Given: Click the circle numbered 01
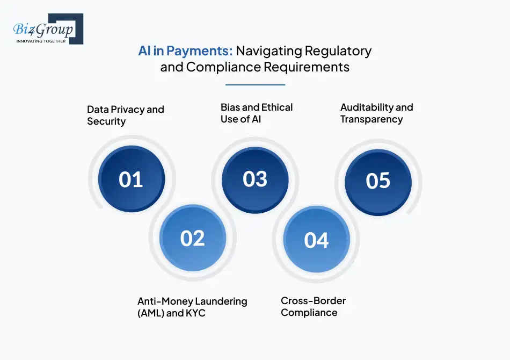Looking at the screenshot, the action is coord(132,179).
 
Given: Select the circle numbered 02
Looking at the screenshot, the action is coord(193,238).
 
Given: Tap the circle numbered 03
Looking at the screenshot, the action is coord(255,180).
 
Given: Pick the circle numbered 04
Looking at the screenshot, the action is coord(317,240).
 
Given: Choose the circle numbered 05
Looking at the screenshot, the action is coord(378,182).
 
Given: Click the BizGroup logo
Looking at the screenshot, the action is coord(48,29).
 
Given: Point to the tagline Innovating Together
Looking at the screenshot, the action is coord(41,41).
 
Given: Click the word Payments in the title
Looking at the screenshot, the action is coord(199,51).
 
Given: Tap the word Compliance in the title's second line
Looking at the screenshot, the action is coord(223,67).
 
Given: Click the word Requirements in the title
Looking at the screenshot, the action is coord(307,67).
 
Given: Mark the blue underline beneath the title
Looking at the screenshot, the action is coord(256,85).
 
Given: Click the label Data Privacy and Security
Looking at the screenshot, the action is coord(126,115).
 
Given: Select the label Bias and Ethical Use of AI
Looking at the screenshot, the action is coord(257,113).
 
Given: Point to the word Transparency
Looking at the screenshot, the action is coord(371,119).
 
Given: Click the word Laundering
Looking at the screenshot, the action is coord(221,302).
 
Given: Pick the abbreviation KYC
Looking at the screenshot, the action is coord(195,313).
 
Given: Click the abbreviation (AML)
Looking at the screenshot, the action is coord(151,313).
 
